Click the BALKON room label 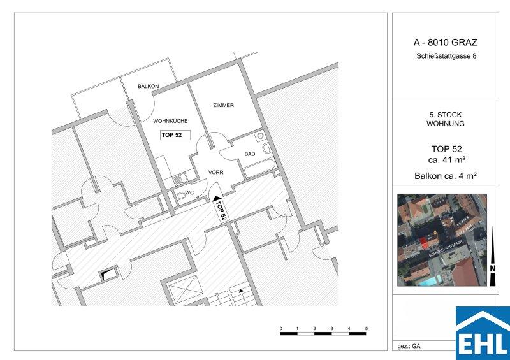point(149,86)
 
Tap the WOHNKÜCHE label point(170,121)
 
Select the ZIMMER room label point(224,105)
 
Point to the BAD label point(250,154)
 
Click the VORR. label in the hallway point(216,173)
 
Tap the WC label point(189,193)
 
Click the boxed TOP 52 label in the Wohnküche point(175,134)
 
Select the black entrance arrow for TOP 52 point(217,198)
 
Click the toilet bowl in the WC point(180,195)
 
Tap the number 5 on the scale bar point(366,328)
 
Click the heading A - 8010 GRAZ point(445,42)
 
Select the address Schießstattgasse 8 point(446,56)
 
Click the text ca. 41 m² point(446,160)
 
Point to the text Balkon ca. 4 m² point(446,176)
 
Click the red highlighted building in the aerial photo point(423,243)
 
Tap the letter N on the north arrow point(493,269)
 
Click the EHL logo point(483,333)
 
